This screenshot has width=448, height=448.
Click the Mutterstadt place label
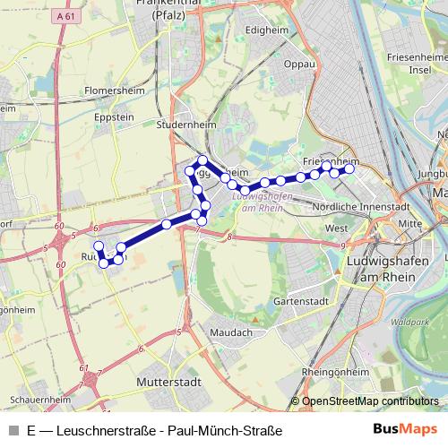164,381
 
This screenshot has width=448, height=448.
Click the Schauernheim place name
37,400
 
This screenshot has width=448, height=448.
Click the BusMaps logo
405,430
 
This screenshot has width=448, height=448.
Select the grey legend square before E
12,431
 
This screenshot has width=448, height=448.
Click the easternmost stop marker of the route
349,169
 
